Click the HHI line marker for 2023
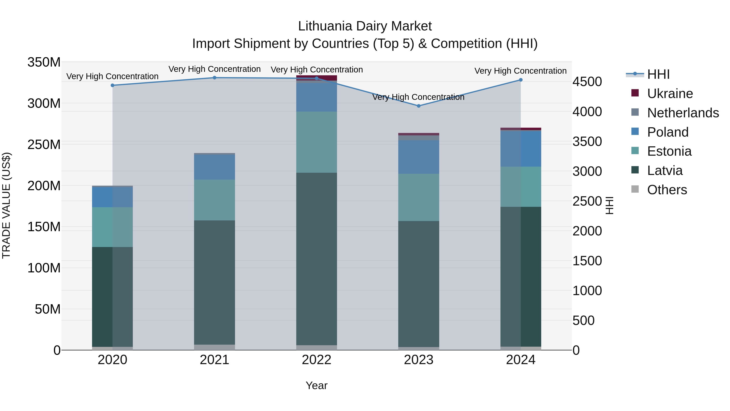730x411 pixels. tap(419, 106)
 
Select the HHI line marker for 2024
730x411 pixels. tap(521, 80)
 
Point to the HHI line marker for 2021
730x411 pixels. tap(215, 78)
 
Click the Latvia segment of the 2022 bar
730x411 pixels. tap(317, 259)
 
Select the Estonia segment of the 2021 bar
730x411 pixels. tap(215, 200)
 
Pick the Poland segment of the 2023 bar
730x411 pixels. tap(419, 157)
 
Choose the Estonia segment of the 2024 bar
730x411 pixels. tap(521, 187)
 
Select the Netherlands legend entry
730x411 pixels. tap(683, 113)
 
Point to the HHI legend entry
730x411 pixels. tap(658, 74)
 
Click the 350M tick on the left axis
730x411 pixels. tap(44, 62)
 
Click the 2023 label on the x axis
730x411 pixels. tap(419, 360)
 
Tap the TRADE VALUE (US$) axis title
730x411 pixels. tap(6, 205)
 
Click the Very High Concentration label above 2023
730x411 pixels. tap(418, 97)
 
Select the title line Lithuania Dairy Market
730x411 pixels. tap(365, 26)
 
